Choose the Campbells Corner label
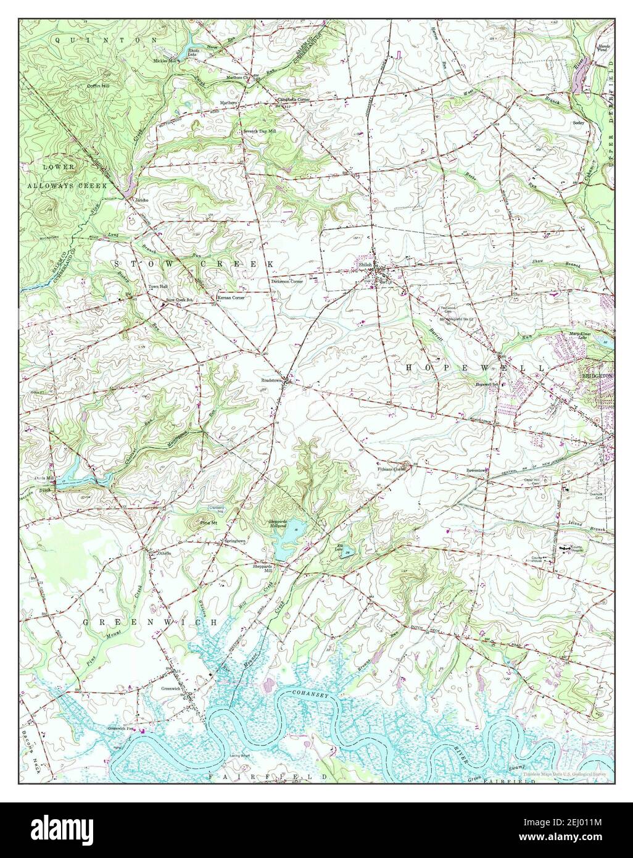click(292, 99)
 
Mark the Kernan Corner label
click(231, 298)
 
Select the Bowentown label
click(477, 470)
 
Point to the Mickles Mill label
click(165, 61)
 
